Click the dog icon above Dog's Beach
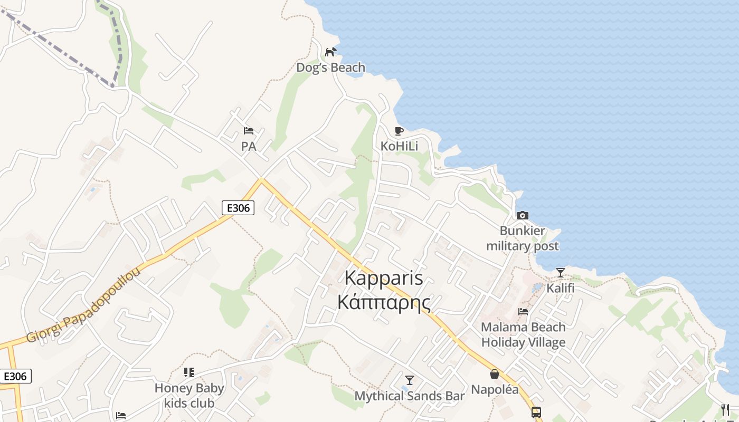coord(331,52)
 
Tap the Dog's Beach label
coord(330,68)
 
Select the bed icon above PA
coord(249,131)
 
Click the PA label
coord(249,146)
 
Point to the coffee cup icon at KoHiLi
coord(399,131)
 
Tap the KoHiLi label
coord(399,146)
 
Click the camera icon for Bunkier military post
coord(523,215)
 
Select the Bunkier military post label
coord(522,238)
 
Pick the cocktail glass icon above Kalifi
coord(560,273)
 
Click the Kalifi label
coord(560,289)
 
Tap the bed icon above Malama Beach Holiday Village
coord(523,312)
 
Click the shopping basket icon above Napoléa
coord(495,374)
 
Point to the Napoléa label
coord(495,390)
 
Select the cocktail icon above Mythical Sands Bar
coord(410,380)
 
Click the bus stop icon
coord(536,412)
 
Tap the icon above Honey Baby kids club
coord(189,372)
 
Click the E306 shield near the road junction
coord(238,208)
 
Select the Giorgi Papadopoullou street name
coord(84,305)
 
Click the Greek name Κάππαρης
coord(383,302)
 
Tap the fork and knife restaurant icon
coord(725,410)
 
